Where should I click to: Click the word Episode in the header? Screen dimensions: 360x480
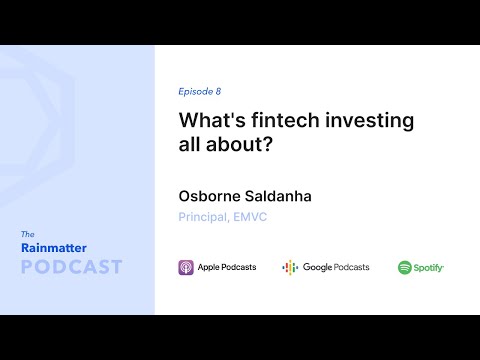click(195, 90)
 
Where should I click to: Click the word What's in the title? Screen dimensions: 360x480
click(207, 120)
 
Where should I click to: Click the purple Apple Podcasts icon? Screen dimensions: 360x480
click(186, 267)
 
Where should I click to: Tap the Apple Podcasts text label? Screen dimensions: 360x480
click(227, 267)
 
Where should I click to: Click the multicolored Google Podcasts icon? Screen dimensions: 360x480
click(290, 267)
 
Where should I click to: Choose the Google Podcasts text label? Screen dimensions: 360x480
click(336, 267)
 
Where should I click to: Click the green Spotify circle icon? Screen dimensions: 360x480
click(405, 267)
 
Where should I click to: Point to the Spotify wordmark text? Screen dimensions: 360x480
click(429, 267)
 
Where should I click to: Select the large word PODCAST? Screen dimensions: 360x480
click(71, 267)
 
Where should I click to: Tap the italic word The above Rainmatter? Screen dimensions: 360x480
click(28, 234)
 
